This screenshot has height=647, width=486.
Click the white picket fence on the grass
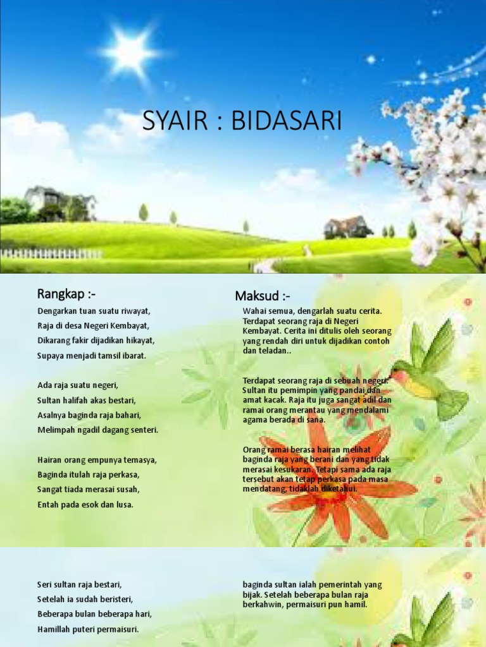click(51, 253)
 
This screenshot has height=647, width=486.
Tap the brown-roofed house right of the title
click(347, 227)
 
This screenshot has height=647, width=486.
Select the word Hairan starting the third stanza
click(50, 460)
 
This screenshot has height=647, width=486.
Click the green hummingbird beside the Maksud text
click(427, 373)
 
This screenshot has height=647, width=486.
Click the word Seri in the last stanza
click(44, 584)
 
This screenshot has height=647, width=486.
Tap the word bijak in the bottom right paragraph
click(252, 595)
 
